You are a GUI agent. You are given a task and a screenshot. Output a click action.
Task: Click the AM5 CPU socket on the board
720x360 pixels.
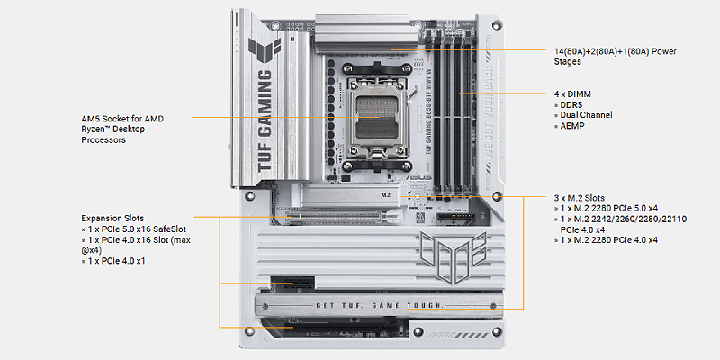(378, 117)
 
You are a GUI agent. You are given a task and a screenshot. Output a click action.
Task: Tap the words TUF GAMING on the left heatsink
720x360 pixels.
(266, 121)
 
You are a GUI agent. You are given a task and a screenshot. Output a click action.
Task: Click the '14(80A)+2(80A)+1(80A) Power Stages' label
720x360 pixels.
(615, 57)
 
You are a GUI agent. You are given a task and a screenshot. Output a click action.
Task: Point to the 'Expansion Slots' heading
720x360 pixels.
(113, 218)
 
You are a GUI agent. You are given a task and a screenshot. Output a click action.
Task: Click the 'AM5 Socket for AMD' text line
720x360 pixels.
(122, 119)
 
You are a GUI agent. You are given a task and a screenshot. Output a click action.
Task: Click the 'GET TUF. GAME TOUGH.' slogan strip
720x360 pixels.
(380, 306)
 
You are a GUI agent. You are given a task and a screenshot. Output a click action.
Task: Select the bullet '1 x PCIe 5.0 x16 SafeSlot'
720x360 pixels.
(133, 229)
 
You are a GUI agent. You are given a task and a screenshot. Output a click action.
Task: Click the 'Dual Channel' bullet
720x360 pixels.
(583, 115)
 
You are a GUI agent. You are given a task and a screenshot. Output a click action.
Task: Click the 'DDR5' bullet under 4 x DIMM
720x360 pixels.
(569, 104)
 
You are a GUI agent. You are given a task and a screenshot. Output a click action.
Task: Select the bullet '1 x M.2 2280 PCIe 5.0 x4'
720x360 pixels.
(606, 209)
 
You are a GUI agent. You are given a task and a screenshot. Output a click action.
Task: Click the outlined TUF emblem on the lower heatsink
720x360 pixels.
(454, 256)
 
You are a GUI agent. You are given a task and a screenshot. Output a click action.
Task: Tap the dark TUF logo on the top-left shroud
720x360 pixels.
(265, 49)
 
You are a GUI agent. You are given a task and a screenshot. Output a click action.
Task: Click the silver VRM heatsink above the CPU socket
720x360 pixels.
(367, 33)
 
